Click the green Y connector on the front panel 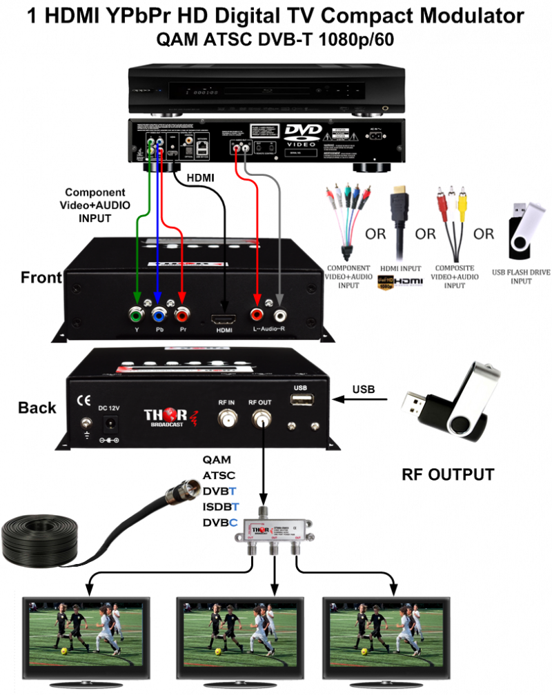tap(137, 315)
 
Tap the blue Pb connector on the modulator tap(159, 315)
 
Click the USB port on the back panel tap(301, 400)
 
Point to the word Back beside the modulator tap(37, 407)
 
